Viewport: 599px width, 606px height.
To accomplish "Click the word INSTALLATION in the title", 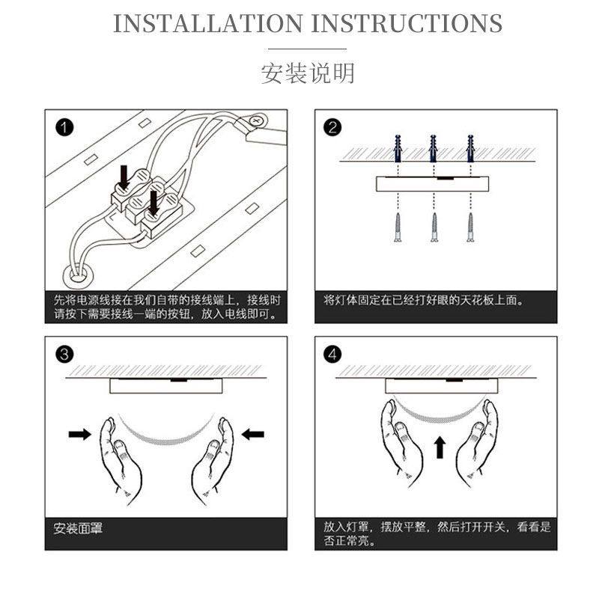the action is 207,24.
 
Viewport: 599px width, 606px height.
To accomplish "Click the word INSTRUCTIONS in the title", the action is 407,24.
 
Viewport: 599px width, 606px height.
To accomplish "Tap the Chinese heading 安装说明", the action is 308,73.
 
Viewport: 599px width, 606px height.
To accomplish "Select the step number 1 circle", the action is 64,127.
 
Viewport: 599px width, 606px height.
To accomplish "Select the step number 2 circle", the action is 332,127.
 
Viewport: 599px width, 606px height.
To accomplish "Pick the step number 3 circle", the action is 64,355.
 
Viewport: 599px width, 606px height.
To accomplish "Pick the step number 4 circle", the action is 332,355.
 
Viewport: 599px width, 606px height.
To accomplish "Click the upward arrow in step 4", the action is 440,447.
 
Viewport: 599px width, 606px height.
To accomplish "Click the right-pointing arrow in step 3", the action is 79,434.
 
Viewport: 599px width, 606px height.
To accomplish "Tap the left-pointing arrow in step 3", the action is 253,434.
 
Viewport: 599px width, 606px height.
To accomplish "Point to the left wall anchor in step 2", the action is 398,149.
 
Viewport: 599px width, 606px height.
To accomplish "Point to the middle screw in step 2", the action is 434,227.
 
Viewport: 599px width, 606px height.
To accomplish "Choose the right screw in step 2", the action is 471,227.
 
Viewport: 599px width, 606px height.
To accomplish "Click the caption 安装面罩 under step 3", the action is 78,528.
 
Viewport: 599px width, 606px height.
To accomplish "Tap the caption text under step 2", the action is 424,300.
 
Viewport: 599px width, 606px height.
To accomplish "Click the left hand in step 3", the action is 120,460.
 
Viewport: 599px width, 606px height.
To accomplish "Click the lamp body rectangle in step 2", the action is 432,184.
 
